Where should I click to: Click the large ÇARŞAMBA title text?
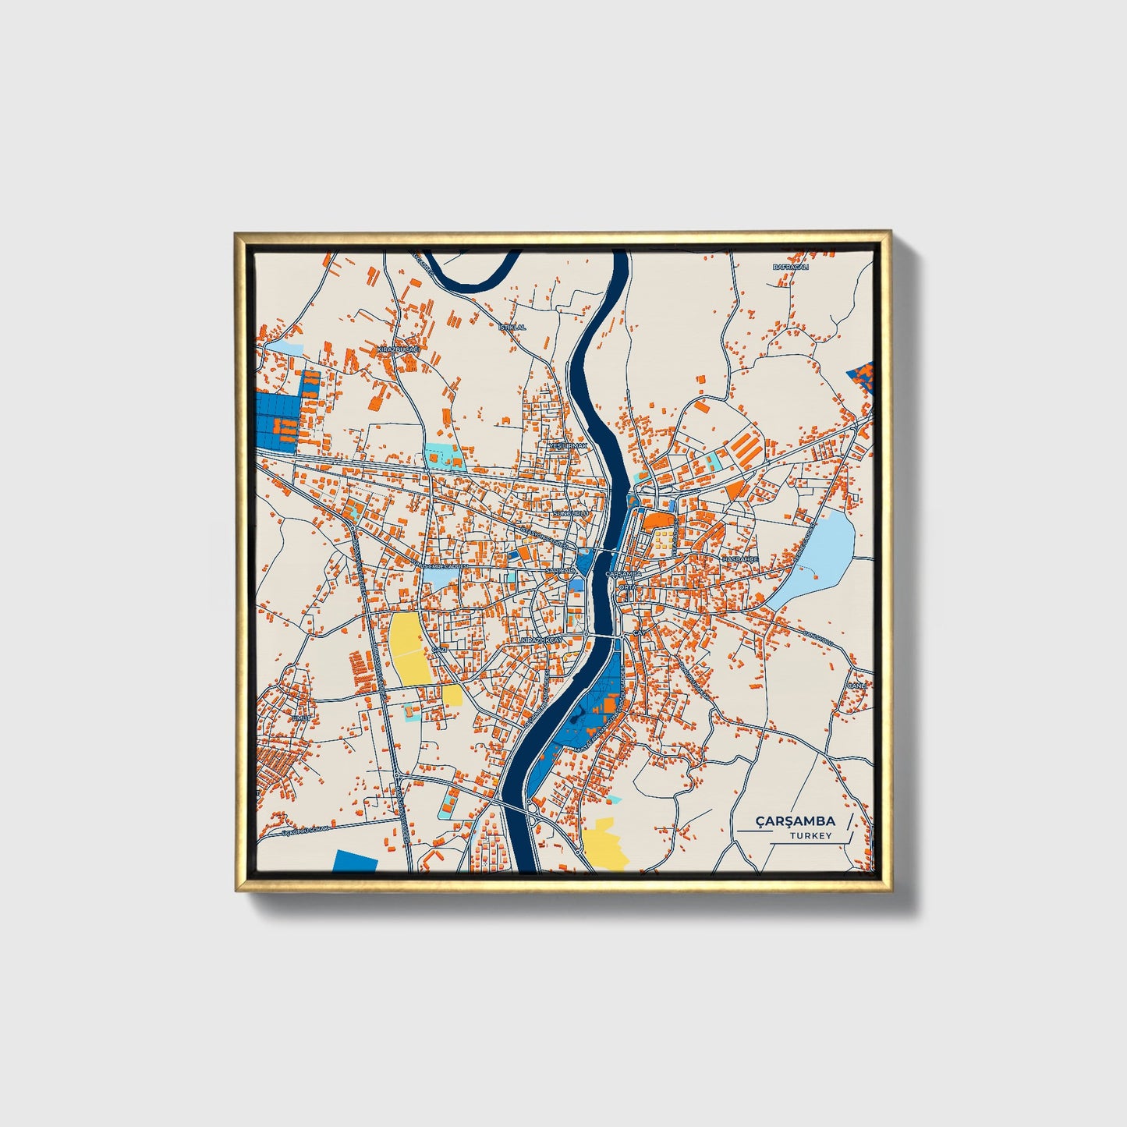(795, 821)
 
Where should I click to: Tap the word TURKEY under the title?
(810, 836)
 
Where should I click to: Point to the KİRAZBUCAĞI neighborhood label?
(398, 350)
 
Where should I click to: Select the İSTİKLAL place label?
(512, 328)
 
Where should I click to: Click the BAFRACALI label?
(790, 267)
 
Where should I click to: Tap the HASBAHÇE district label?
(739, 559)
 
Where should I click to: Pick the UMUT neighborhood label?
(301, 718)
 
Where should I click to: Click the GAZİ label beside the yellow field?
(439, 649)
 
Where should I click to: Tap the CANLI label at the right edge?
(858, 686)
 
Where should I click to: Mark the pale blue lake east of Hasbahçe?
(819, 558)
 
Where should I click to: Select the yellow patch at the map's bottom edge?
(604, 844)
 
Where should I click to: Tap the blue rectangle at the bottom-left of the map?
(355, 861)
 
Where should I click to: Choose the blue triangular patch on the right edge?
(861, 375)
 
